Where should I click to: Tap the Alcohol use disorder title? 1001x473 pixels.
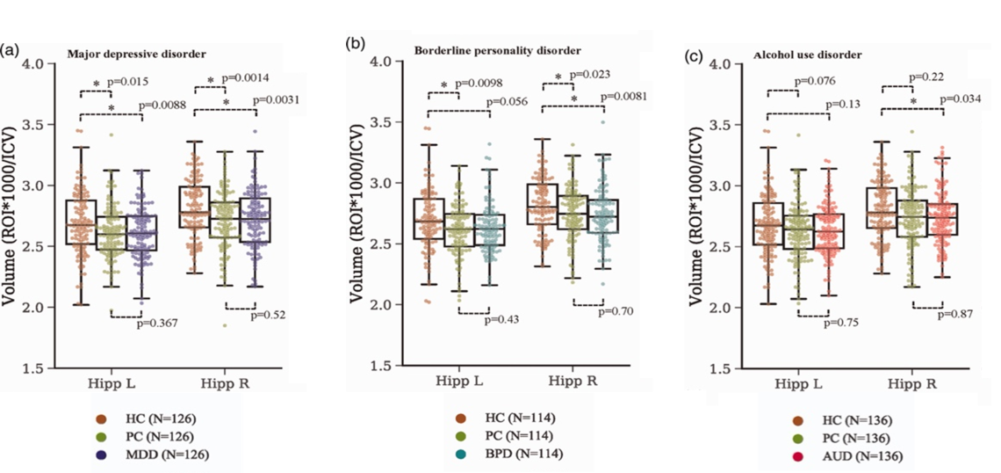click(x=807, y=55)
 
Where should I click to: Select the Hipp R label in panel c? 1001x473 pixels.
click(x=915, y=383)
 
